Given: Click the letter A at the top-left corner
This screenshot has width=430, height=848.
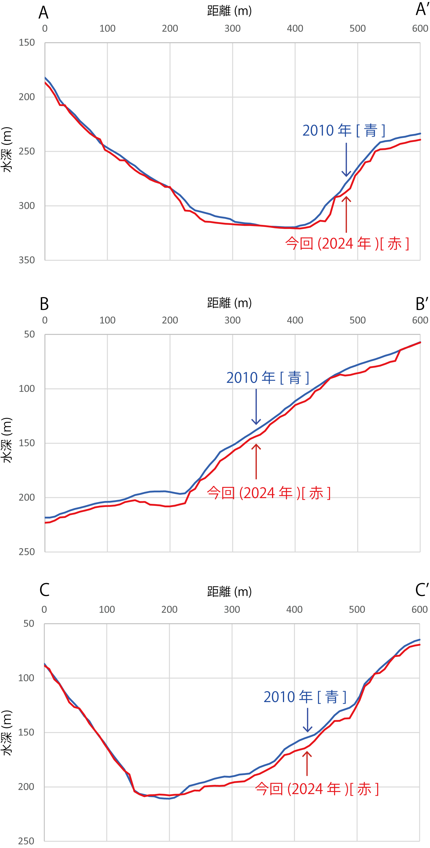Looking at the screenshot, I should (x=43, y=13).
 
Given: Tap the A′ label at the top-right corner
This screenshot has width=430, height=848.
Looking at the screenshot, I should (x=422, y=9).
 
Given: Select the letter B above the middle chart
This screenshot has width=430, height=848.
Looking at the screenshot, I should (x=44, y=304).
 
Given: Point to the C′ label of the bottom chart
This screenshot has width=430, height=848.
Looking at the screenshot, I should (x=421, y=590).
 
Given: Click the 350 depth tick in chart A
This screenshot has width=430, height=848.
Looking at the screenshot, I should (x=27, y=260).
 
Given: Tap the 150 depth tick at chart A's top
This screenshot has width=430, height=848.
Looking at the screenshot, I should (x=27, y=43).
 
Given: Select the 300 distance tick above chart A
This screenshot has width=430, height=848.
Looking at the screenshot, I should (x=232, y=29).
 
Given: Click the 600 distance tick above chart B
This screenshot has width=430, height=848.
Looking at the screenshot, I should (x=420, y=320).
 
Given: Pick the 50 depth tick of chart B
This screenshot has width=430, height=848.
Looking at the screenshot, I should (x=29, y=334).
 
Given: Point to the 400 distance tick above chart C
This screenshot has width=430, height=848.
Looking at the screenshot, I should (x=294, y=609).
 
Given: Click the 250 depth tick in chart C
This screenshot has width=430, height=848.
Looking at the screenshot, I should (x=26, y=841).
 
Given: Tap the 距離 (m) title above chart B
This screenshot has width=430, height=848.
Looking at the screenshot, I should (x=229, y=303).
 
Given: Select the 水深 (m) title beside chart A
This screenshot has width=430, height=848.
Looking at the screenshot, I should (x=7, y=149).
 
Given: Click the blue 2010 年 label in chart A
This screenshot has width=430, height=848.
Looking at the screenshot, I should (x=344, y=131).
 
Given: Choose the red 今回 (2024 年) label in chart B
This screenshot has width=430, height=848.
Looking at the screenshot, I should (x=268, y=493).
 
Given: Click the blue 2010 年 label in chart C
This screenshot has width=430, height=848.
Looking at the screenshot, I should (x=304, y=697).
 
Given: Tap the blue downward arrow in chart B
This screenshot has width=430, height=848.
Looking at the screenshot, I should (x=256, y=407).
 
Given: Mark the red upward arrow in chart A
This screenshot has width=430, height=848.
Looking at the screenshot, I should (x=346, y=214).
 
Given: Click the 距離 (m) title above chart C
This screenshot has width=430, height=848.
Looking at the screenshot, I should (x=229, y=592).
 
